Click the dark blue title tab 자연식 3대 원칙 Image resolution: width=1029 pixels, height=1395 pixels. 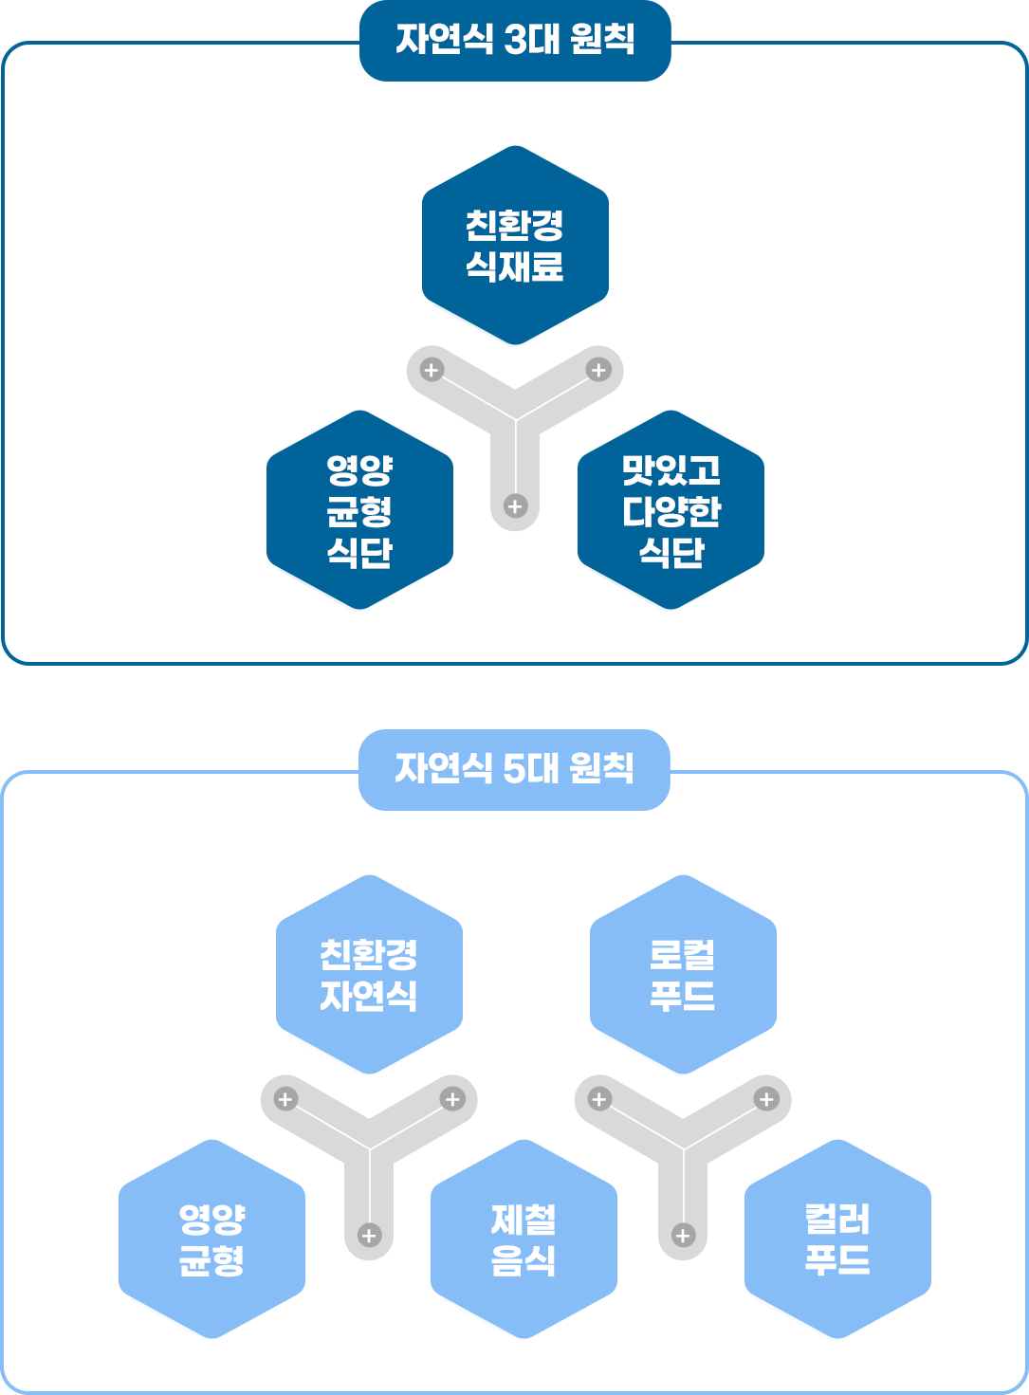click(x=515, y=40)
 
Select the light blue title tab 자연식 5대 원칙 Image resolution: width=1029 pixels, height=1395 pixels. click(x=514, y=768)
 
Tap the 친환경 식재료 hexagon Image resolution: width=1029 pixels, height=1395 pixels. click(x=515, y=245)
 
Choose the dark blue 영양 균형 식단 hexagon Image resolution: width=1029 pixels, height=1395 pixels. click(x=359, y=509)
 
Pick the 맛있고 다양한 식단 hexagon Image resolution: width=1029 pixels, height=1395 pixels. click(x=671, y=509)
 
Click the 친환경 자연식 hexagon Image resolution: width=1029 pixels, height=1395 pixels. click(x=369, y=974)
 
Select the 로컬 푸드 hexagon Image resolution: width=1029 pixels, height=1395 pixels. click(x=683, y=974)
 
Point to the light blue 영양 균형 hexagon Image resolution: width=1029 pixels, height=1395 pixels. click(x=211, y=1239)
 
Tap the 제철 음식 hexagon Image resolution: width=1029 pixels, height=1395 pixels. click(x=524, y=1239)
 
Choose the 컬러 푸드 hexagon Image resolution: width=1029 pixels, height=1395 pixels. click(x=837, y=1239)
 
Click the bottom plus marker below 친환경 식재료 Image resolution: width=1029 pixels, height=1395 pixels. click(x=515, y=505)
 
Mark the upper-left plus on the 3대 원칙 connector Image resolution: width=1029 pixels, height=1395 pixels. click(x=432, y=370)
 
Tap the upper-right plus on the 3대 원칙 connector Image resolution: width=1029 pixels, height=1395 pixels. click(x=598, y=370)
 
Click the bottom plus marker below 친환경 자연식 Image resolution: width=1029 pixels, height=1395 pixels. click(x=369, y=1235)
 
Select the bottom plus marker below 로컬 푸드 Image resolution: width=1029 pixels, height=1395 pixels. click(x=683, y=1235)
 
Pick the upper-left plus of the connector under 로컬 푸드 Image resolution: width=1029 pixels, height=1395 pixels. click(x=599, y=1099)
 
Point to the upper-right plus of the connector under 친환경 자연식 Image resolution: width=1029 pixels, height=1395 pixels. click(x=452, y=1099)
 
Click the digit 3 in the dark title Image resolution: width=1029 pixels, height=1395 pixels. click(x=518, y=40)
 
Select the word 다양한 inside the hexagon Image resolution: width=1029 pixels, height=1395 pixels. click(x=671, y=511)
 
